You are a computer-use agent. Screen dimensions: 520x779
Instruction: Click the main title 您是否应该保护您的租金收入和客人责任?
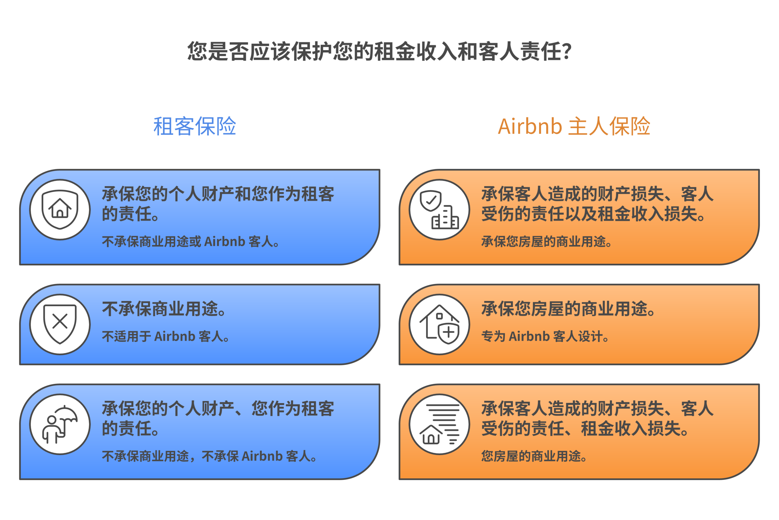(379, 51)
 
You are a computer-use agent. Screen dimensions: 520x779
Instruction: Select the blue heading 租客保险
(195, 126)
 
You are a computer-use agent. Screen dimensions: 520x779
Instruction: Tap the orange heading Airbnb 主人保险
(574, 126)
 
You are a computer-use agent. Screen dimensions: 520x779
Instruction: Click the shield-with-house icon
(60, 210)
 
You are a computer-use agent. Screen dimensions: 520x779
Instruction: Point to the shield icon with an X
(60, 324)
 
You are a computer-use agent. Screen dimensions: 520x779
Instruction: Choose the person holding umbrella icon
(60, 424)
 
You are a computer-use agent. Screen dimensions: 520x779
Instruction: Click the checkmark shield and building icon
(439, 210)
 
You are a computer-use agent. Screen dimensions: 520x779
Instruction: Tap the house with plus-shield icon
(439, 324)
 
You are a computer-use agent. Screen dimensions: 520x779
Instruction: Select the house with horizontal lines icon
(439, 424)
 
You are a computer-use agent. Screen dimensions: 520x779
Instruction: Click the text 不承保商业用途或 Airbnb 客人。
(191, 241)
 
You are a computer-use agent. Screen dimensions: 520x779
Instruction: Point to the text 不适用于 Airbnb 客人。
(166, 336)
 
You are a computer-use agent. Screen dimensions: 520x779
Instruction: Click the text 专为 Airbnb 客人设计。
(545, 336)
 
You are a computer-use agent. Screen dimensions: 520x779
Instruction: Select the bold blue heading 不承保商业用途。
(164, 309)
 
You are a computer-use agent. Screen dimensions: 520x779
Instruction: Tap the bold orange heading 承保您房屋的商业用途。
(568, 309)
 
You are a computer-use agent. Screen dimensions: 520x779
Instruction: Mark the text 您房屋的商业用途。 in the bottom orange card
(534, 456)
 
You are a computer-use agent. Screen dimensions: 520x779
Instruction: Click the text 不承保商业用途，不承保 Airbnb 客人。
(209, 456)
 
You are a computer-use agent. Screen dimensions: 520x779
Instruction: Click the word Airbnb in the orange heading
(529, 126)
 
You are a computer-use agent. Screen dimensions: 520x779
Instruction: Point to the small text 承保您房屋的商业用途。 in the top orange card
(547, 241)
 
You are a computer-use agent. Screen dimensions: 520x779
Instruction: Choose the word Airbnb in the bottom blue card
(262, 456)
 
